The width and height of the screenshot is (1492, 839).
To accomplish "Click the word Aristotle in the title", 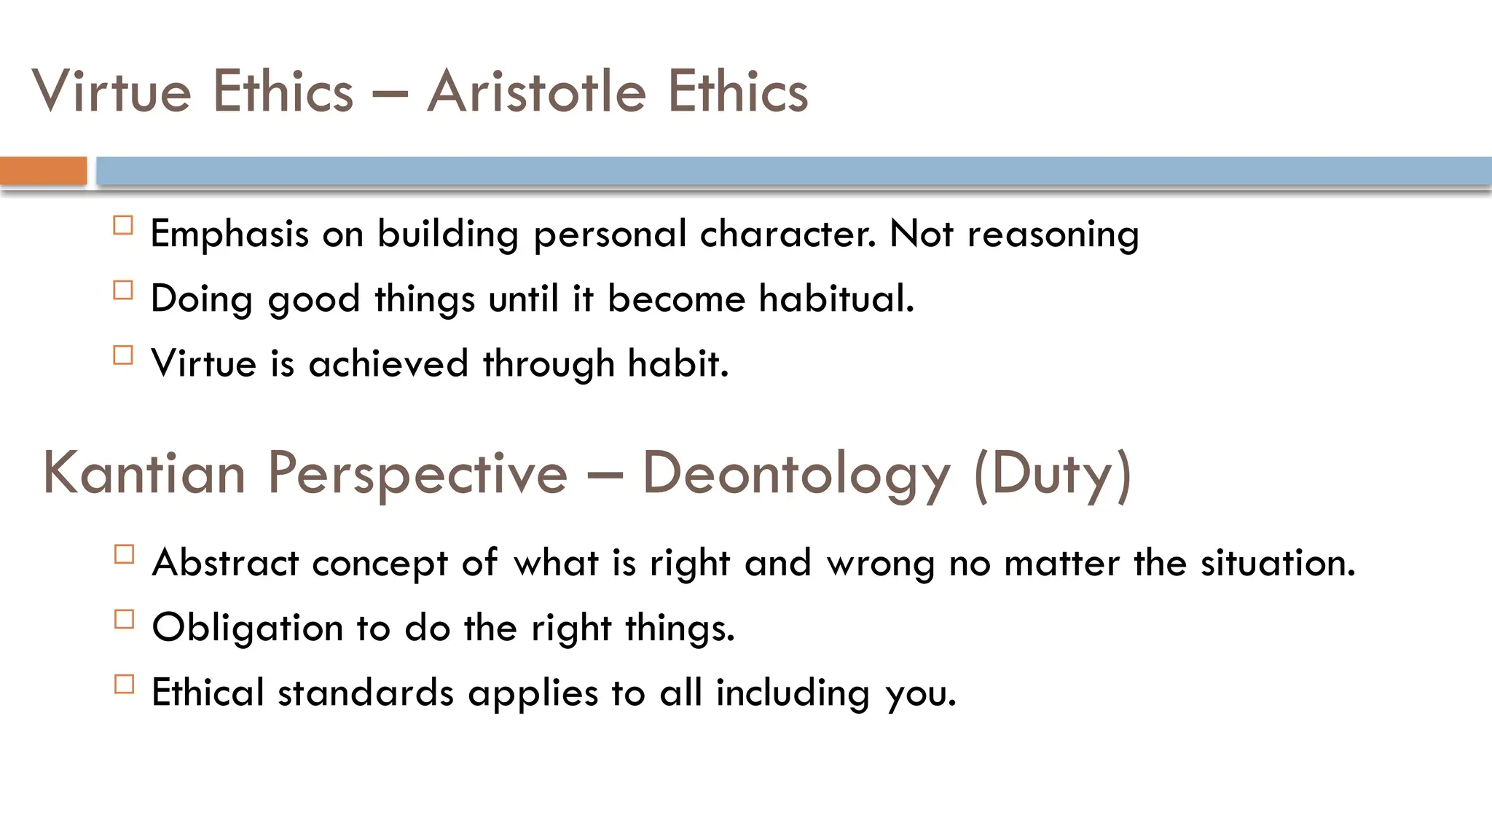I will [536, 92].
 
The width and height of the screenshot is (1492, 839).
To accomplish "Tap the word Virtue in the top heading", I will [111, 92].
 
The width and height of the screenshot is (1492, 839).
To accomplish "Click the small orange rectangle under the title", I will [43, 171].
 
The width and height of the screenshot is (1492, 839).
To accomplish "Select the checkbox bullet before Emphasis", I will [123, 225].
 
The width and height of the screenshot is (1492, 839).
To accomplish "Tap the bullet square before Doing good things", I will [123, 290].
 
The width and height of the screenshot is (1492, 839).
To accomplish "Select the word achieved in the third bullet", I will [388, 363].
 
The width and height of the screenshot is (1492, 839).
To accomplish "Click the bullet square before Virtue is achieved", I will [123, 355].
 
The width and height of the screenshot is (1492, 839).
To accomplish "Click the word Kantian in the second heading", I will [144, 473].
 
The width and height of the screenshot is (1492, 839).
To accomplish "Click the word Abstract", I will [225, 563].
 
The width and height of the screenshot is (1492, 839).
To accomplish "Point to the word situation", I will [1277, 563].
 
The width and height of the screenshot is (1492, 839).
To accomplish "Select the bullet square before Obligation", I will [125, 619].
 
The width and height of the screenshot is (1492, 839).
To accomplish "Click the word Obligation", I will [247, 628].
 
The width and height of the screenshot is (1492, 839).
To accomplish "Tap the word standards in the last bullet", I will [366, 693].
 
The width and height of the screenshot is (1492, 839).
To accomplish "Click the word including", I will [793, 694].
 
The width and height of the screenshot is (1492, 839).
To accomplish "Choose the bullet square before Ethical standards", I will [125, 684].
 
